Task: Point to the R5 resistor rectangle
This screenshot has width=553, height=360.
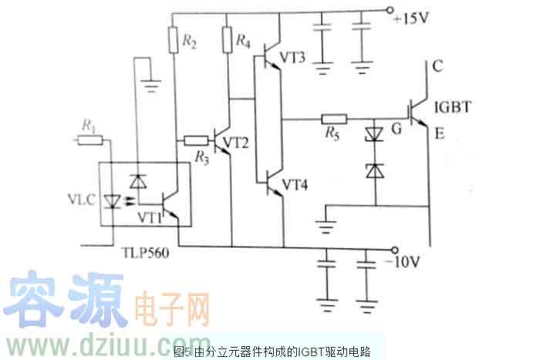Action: pyautogui.click(x=334, y=119)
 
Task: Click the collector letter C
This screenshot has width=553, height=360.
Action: pyautogui.click(x=437, y=67)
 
